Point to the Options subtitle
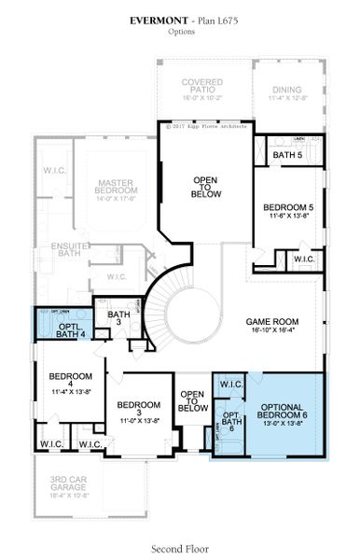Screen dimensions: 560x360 pos(180,32)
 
